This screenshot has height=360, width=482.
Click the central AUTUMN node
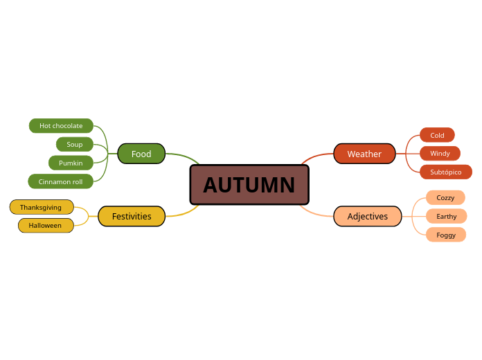249,185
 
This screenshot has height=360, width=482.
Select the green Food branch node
141,154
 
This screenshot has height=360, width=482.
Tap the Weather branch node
364,154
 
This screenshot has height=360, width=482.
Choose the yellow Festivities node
132,216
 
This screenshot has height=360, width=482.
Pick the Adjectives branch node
368,216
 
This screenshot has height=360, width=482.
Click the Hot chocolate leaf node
61,125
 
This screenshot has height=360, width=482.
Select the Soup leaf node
75,144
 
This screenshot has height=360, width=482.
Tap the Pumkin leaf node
71,163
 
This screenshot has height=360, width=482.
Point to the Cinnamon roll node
60,181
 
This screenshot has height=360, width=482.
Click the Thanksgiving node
41,207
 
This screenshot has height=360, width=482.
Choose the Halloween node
45,225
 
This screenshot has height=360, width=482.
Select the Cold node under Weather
437,135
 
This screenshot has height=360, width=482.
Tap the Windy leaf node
440,153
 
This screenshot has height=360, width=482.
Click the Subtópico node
445,172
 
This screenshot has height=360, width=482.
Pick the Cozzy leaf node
445,197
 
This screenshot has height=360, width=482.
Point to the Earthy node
446,216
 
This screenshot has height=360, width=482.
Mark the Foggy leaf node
446,235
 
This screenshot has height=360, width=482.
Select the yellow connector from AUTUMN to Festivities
184,214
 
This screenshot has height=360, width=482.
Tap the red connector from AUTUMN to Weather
316,156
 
